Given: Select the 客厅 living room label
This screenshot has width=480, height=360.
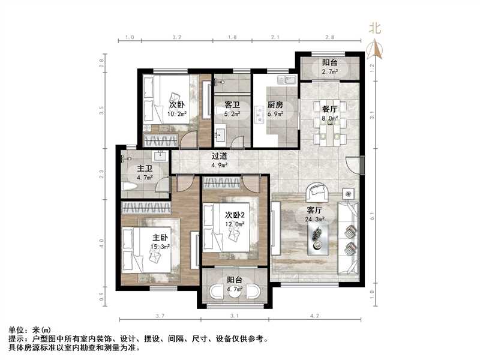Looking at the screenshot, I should click(315, 211).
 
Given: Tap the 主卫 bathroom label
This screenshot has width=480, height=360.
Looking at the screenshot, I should click(144, 169).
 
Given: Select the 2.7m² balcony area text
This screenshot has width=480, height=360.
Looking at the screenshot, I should click(329, 72).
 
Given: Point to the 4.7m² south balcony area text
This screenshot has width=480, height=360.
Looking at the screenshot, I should click(235, 289).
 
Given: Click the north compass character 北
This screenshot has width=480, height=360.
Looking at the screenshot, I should click(375, 28).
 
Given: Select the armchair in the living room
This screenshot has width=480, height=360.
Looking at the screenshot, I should click(317, 193).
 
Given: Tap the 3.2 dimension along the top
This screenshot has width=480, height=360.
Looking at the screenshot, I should click(176, 37).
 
